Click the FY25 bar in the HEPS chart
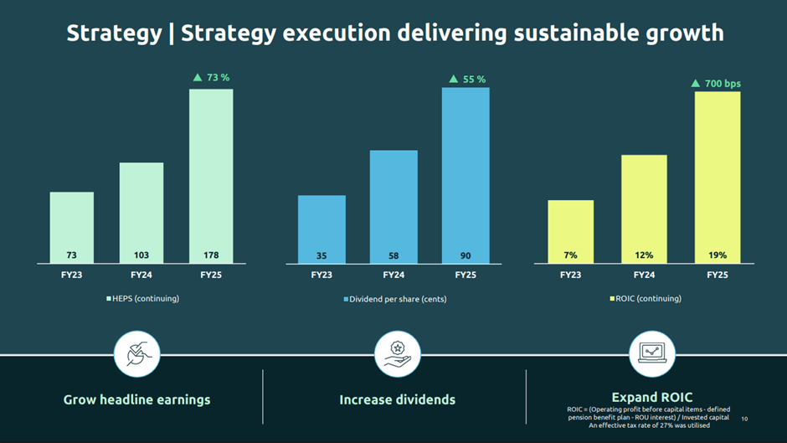click(x=211, y=176)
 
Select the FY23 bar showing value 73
click(x=72, y=228)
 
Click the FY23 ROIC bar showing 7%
click(x=570, y=232)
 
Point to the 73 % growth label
click(x=211, y=78)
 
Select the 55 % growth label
click(x=467, y=80)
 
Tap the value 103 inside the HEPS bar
click(x=141, y=255)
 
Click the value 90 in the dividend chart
click(x=466, y=255)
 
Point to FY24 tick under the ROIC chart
click(x=644, y=275)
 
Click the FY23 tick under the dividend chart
click(x=321, y=275)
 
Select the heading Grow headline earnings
click(x=136, y=400)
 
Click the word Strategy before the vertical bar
click(x=114, y=33)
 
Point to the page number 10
click(x=744, y=419)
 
